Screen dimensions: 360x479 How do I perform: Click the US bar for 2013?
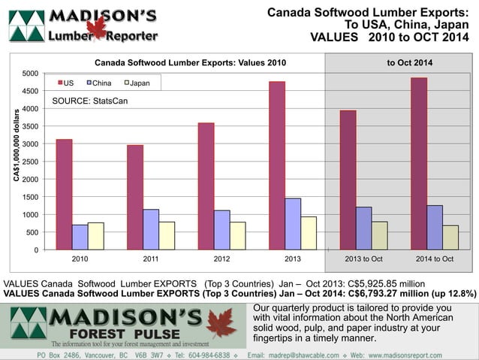tap(277, 165)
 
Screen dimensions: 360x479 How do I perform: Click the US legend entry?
tap(65, 82)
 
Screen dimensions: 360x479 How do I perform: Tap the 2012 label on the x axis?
tap(221, 259)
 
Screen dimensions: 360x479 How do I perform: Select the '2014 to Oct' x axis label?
tap(435, 259)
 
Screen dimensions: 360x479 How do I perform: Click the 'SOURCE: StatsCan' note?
tap(84, 101)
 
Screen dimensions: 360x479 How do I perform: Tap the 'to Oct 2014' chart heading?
tap(409, 63)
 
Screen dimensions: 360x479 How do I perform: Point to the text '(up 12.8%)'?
tap(449, 294)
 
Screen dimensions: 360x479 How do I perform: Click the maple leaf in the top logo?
tap(96, 29)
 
